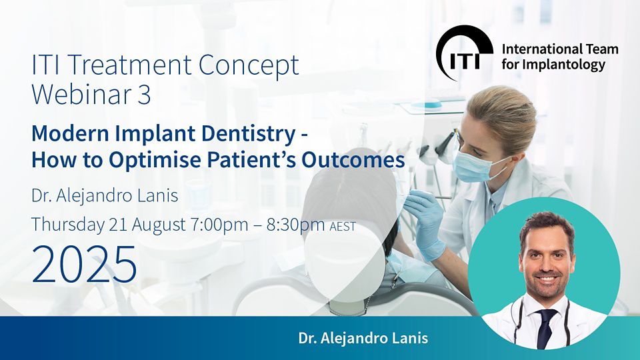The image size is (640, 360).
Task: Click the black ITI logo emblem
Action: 464,52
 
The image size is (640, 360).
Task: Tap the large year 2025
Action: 84,265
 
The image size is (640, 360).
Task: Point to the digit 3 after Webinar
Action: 144,95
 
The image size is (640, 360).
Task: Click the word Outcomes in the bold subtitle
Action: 353,160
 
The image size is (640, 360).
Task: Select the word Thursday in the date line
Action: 68,225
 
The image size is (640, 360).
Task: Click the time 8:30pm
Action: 296,225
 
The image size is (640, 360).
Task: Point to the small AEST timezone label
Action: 343,227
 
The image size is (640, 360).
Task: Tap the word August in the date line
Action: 159,225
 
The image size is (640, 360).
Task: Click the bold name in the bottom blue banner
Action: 363,339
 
